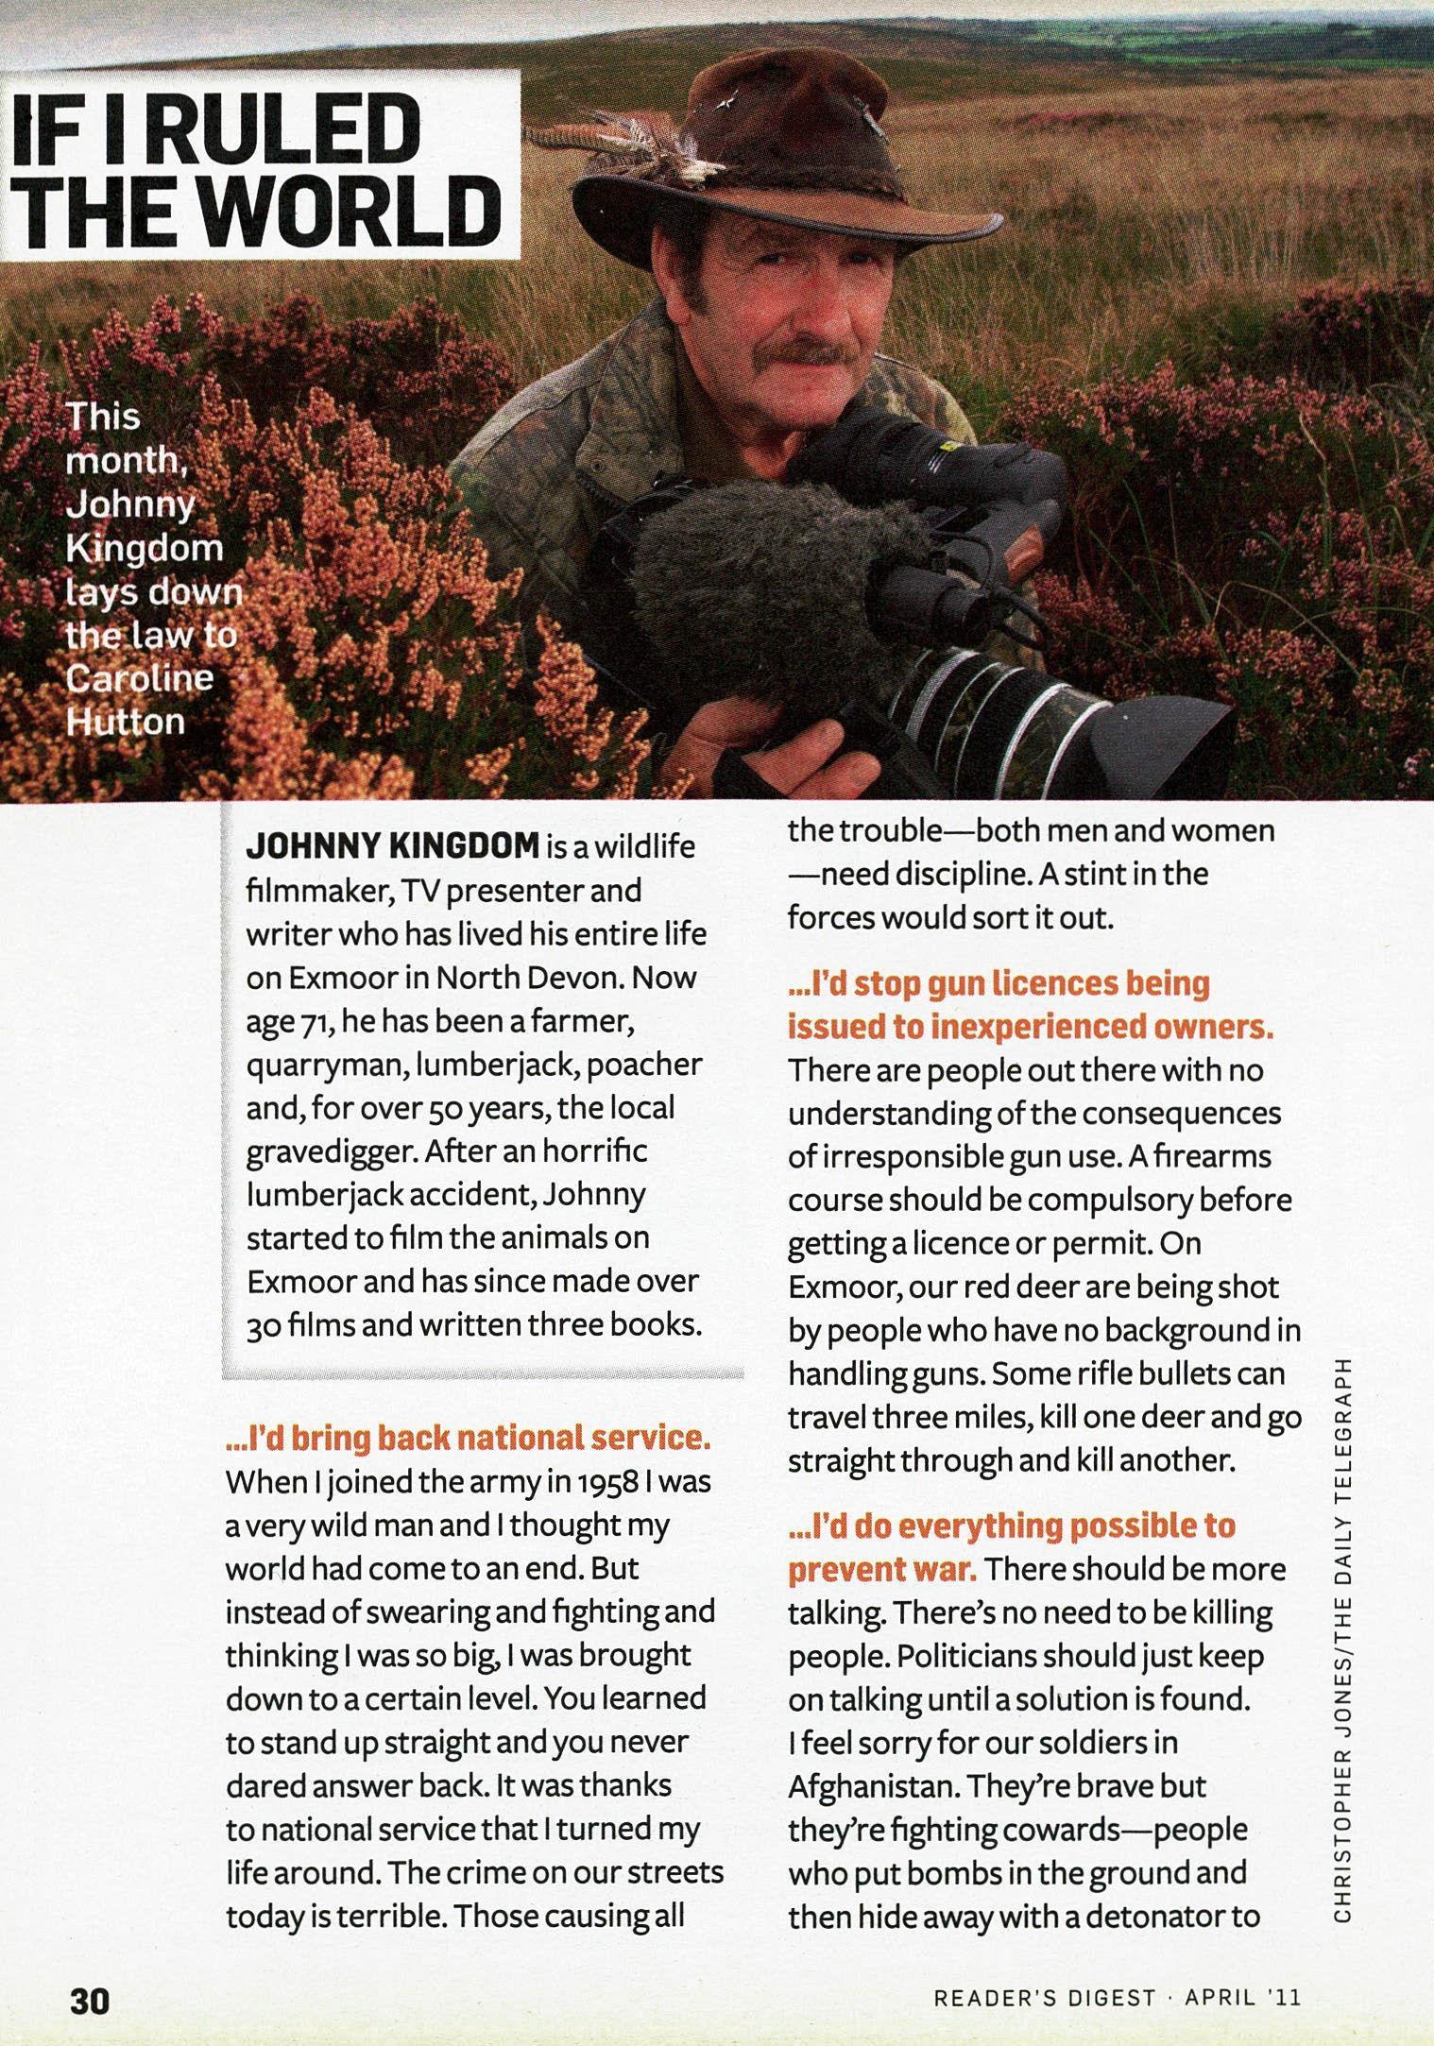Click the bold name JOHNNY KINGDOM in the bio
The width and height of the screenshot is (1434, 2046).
pyautogui.click(x=391, y=846)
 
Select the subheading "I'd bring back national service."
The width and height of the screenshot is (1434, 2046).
pyautogui.click(x=468, y=1438)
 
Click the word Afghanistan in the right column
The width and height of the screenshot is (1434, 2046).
pyautogui.click(x=870, y=1786)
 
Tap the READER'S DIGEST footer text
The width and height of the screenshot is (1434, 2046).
pyautogui.click(x=1044, y=1999)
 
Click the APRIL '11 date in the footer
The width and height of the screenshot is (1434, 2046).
pyautogui.click(x=1242, y=1999)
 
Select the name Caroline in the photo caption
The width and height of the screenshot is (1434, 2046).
pyautogui.click(x=140, y=677)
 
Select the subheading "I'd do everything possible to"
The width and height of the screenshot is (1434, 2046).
pyautogui.click(x=1012, y=1525)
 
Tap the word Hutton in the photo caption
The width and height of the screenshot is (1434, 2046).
pyautogui.click(x=125, y=721)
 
